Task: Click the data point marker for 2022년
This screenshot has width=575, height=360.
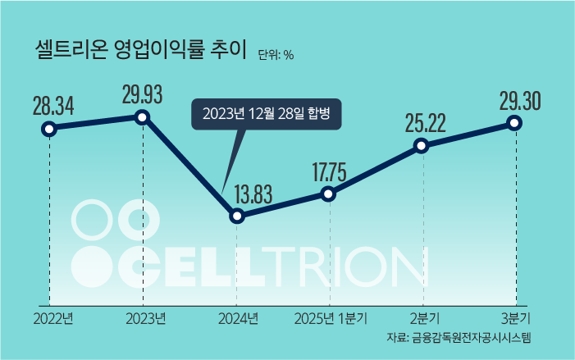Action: pos(49,128)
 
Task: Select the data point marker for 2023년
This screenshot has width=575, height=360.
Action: pos(142,117)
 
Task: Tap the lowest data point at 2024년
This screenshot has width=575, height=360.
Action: pos(237,216)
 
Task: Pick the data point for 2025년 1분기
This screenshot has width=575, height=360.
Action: pos(328,194)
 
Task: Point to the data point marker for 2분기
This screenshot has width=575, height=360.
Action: pos(421,146)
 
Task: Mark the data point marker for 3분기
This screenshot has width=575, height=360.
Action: pos(514,123)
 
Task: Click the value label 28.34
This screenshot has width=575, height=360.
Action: pos(53,106)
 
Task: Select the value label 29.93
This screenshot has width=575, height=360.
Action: pos(143,94)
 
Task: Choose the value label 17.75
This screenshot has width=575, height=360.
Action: pos(329,172)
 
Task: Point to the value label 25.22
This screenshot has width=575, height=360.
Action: pos(425,124)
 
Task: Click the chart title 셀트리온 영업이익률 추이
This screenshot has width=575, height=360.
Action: pos(141,50)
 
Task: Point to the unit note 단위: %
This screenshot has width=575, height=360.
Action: pos(276,55)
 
